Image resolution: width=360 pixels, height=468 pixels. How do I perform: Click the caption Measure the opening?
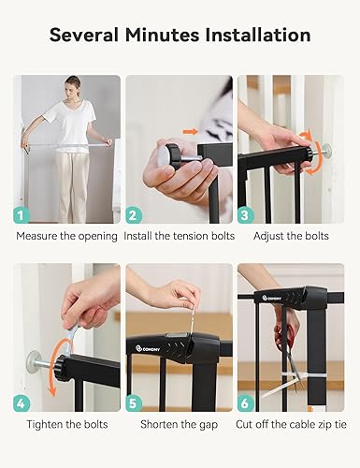click(x=66, y=236)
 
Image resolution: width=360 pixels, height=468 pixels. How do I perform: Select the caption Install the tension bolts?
click(x=179, y=236)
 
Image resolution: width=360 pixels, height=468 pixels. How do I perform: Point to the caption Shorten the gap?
click(x=179, y=424)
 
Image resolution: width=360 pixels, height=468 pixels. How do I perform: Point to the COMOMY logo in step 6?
click(x=271, y=298)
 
